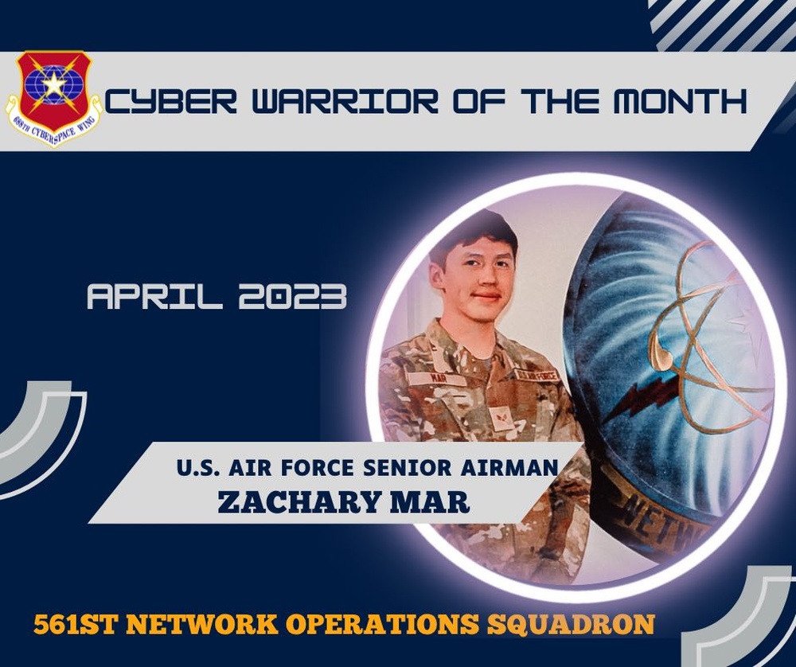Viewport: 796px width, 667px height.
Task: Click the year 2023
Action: pos(292,297)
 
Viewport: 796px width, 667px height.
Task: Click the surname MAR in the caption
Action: pos(437,503)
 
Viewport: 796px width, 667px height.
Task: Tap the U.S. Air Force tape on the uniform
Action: pos(536,374)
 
